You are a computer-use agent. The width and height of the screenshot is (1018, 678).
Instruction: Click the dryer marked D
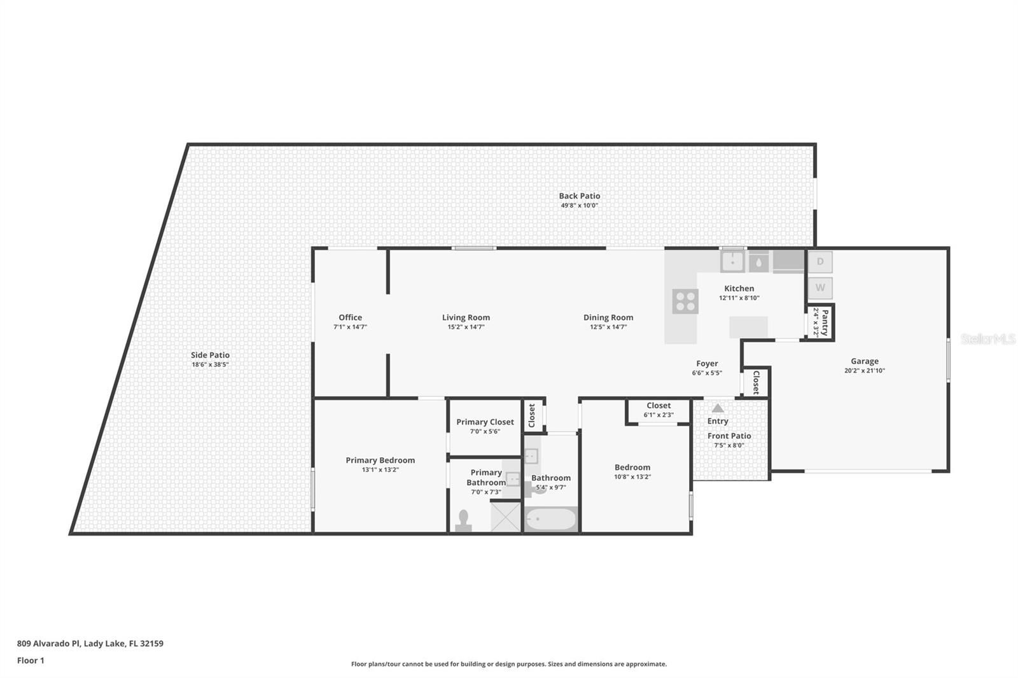point(820,262)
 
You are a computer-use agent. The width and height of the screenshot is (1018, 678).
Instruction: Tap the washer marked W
point(820,287)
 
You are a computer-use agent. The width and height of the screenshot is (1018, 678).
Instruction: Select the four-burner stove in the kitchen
point(685,301)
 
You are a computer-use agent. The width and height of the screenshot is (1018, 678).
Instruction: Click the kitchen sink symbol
point(732,262)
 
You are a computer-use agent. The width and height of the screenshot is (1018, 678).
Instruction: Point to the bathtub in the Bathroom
point(551,519)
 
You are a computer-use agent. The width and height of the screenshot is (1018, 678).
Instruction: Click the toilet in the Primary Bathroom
point(464,521)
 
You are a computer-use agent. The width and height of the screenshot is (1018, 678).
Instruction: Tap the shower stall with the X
point(505,516)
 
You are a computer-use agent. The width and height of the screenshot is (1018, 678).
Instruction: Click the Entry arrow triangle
point(718,408)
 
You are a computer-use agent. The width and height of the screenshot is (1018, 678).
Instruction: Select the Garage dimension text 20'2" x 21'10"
point(865,370)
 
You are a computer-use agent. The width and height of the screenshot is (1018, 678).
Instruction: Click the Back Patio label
point(580,196)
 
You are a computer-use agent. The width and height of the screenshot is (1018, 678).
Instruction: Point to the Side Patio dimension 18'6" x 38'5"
point(210,364)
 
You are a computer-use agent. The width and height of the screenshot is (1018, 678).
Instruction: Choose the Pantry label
point(825,322)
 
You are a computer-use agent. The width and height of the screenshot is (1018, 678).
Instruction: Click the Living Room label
point(466,317)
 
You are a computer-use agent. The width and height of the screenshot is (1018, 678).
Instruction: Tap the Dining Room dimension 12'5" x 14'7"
point(608,327)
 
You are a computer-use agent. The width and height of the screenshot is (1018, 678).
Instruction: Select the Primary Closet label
point(485,422)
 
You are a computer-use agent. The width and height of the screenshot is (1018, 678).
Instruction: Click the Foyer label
point(707,364)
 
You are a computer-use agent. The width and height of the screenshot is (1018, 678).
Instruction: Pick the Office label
point(351,317)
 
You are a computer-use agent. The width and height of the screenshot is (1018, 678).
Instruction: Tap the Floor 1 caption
point(31,661)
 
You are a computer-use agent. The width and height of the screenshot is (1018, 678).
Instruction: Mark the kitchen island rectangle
point(748,328)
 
